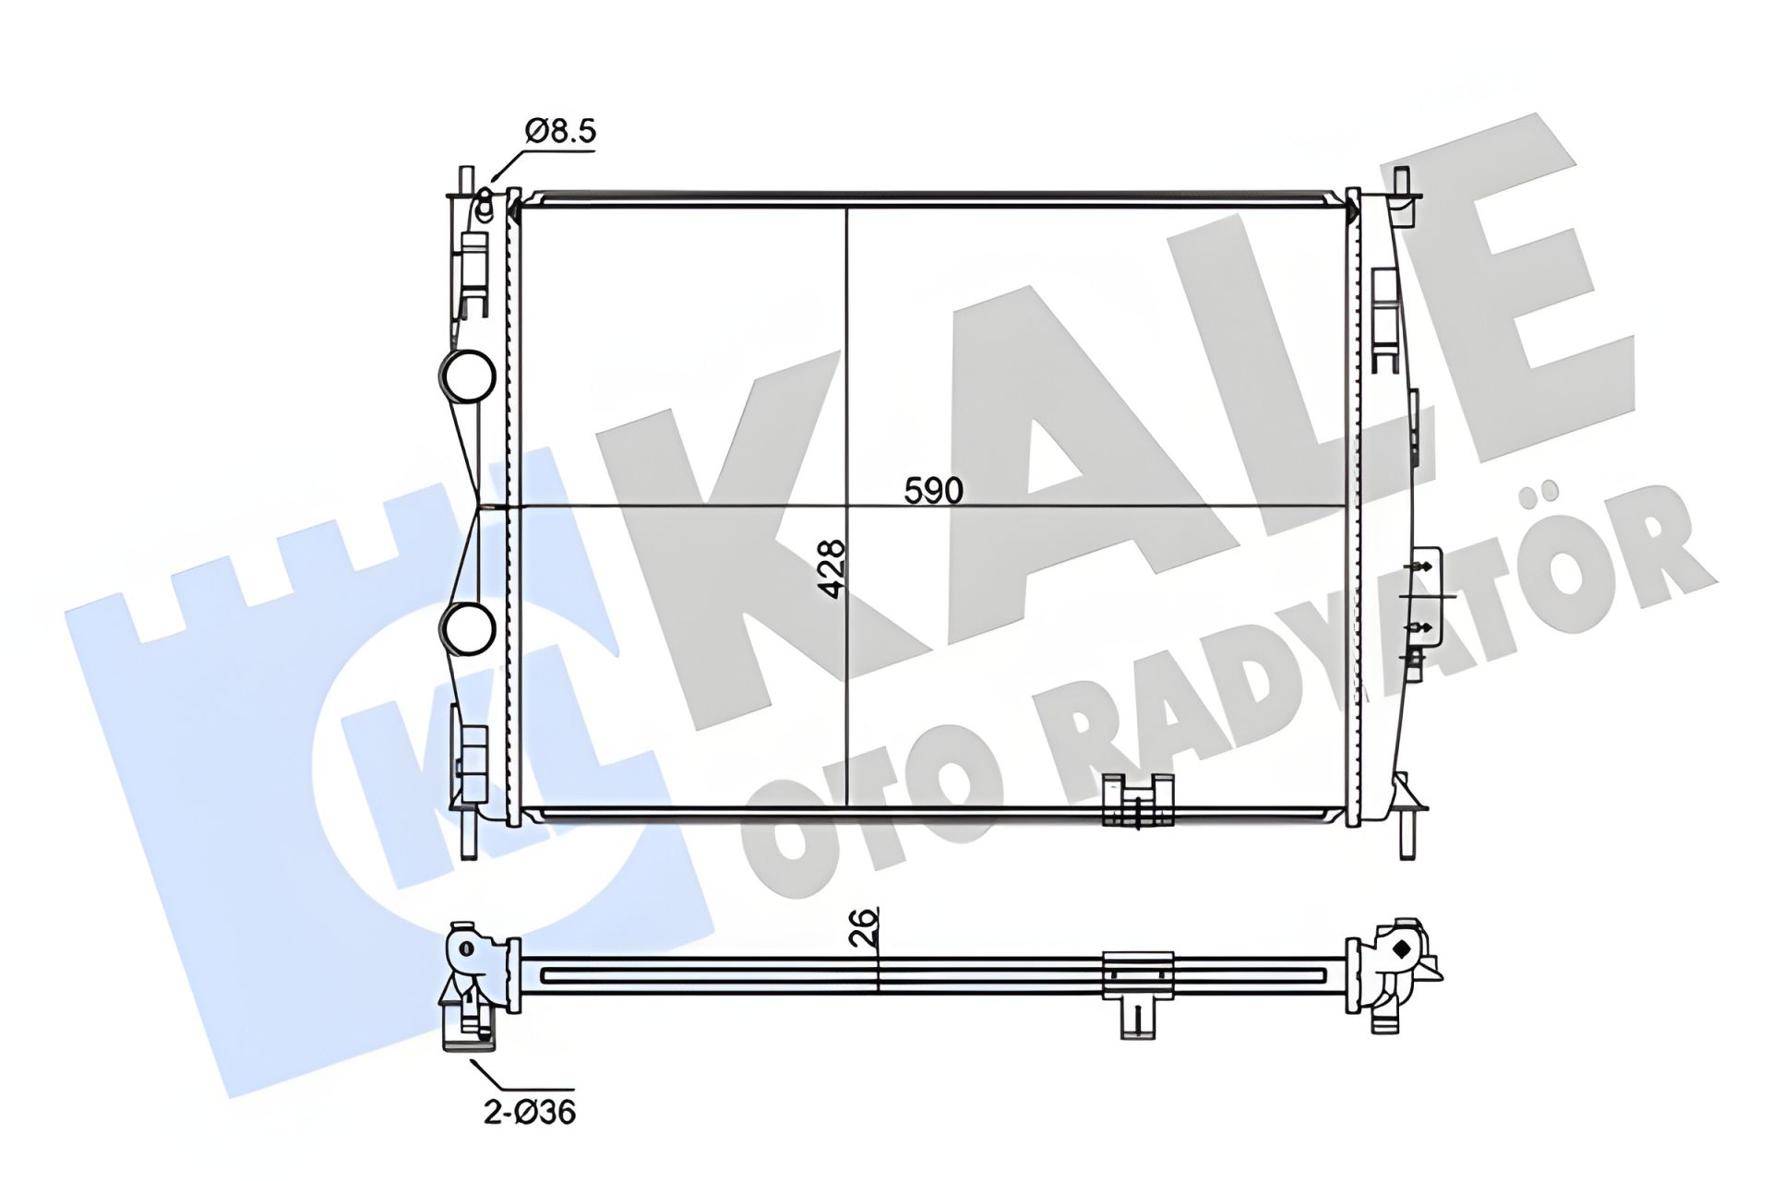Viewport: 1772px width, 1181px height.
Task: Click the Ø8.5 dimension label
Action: point(561,131)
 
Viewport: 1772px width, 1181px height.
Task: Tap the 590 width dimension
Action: point(933,490)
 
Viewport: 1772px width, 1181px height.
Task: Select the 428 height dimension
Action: point(832,568)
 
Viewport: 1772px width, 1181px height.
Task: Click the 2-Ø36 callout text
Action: point(530,1112)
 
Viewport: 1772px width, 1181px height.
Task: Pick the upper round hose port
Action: point(468,376)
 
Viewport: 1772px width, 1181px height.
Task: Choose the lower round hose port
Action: point(468,628)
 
